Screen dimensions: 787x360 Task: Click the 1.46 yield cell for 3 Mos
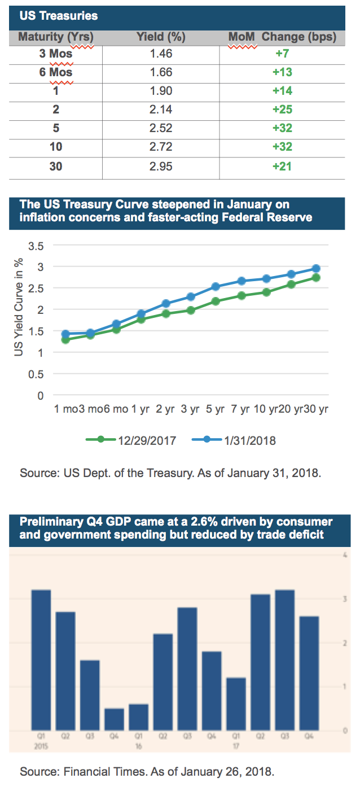[x=161, y=54]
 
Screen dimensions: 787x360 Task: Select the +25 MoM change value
[x=282, y=110]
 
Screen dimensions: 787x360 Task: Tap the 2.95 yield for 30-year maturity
[x=161, y=166]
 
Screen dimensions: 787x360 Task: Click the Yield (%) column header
[x=161, y=37]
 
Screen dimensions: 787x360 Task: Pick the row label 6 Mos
[x=55, y=73]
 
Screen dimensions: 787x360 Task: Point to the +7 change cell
[x=282, y=54]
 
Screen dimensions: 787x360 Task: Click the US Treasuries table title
[x=58, y=16]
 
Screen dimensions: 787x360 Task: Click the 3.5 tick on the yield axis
[x=37, y=246]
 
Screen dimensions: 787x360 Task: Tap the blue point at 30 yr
[x=316, y=269]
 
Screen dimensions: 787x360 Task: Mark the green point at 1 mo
[x=65, y=340]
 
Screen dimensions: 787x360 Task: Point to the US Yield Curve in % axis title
[x=19, y=305]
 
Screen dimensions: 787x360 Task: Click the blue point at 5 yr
[x=216, y=287]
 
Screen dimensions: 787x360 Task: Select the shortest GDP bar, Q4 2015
[x=114, y=719]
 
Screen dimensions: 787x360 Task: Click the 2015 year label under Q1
[x=41, y=745]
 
